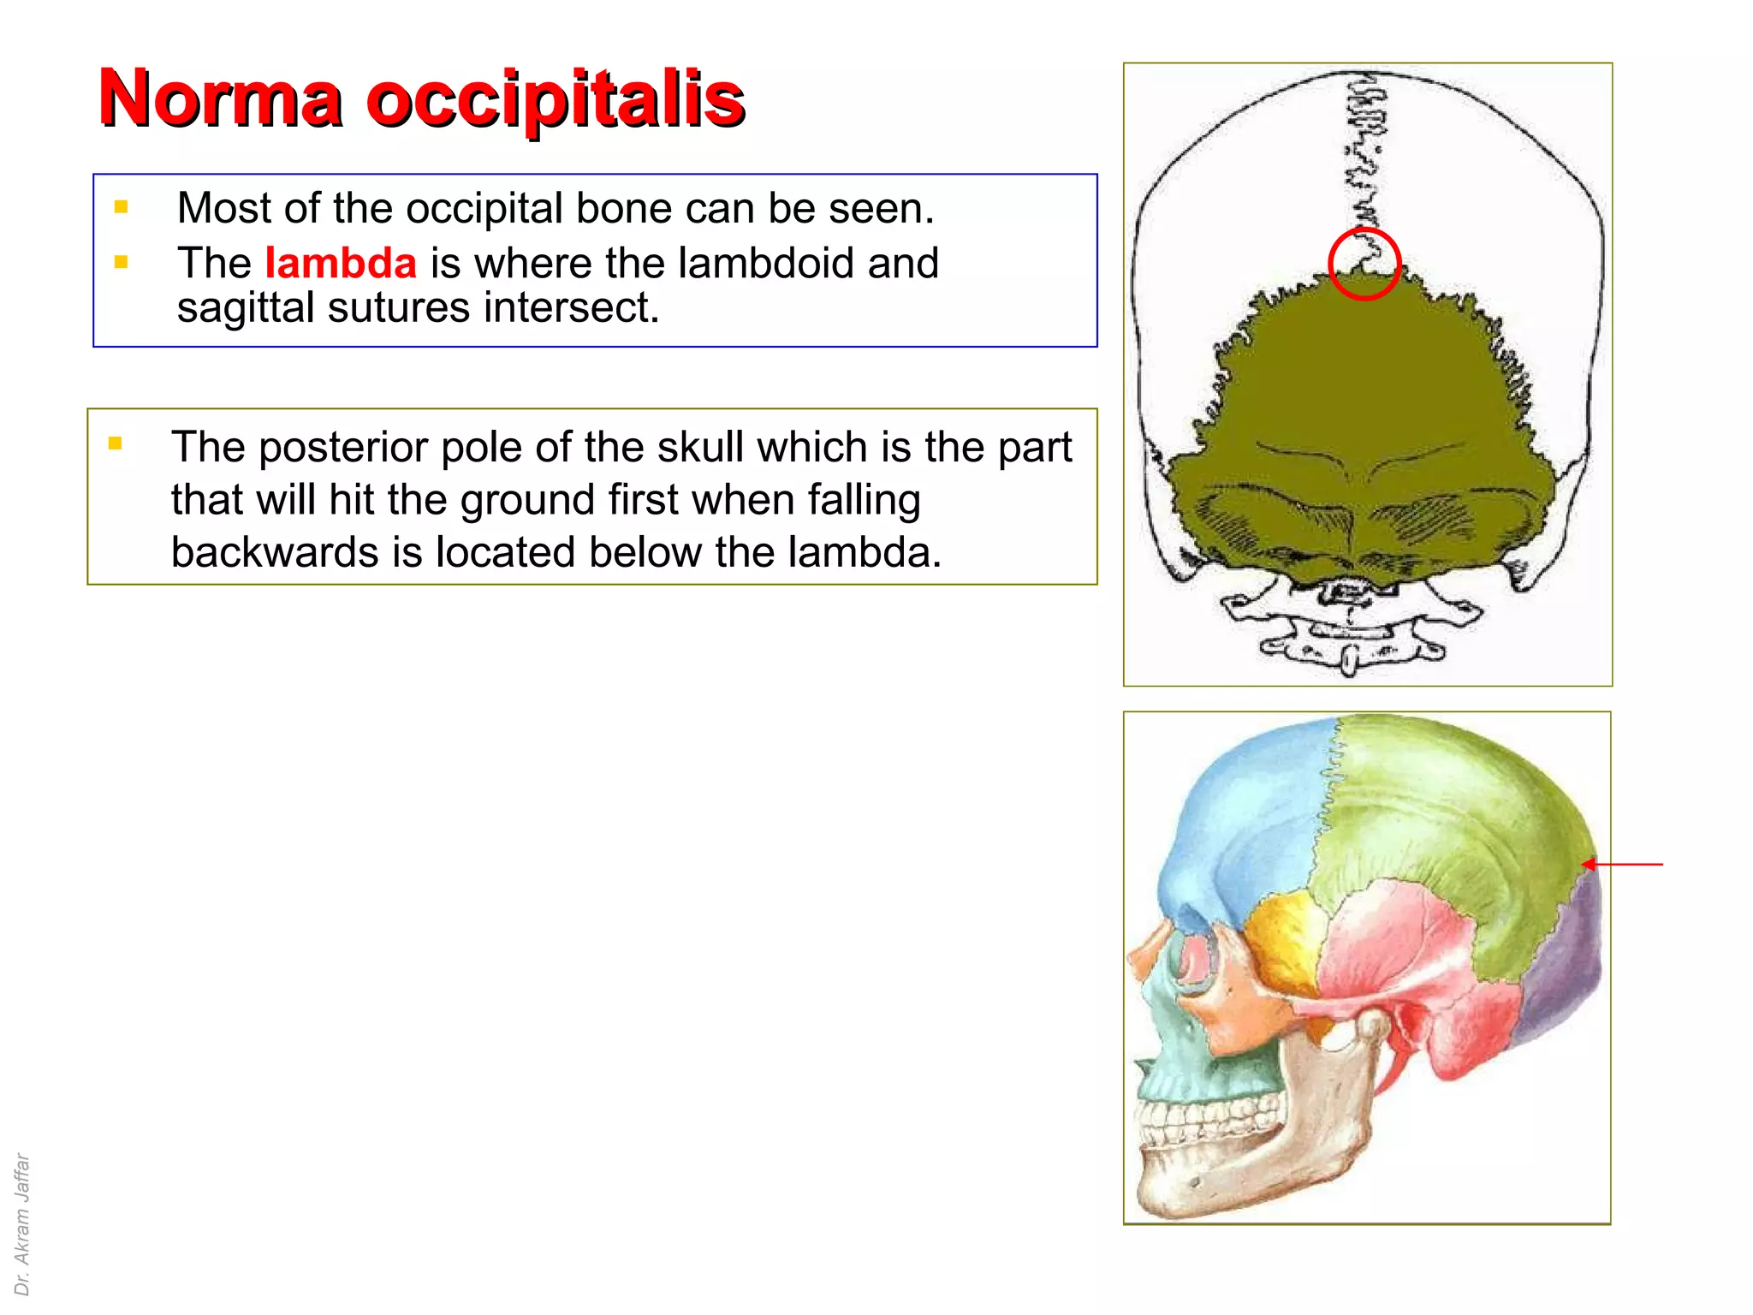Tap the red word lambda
[x=340, y=263]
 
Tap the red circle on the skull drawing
[x=1364, y=265]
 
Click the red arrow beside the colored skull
[x=1623, y=865]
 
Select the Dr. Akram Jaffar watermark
[x=22, y=1224]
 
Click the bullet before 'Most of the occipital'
[x=121, y=207]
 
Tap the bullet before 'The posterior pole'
[x=115, y=443]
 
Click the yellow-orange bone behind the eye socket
[x=1280, y=937]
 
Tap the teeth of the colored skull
[x=1198, y=1122]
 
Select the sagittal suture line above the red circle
[x=1366, y=154]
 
